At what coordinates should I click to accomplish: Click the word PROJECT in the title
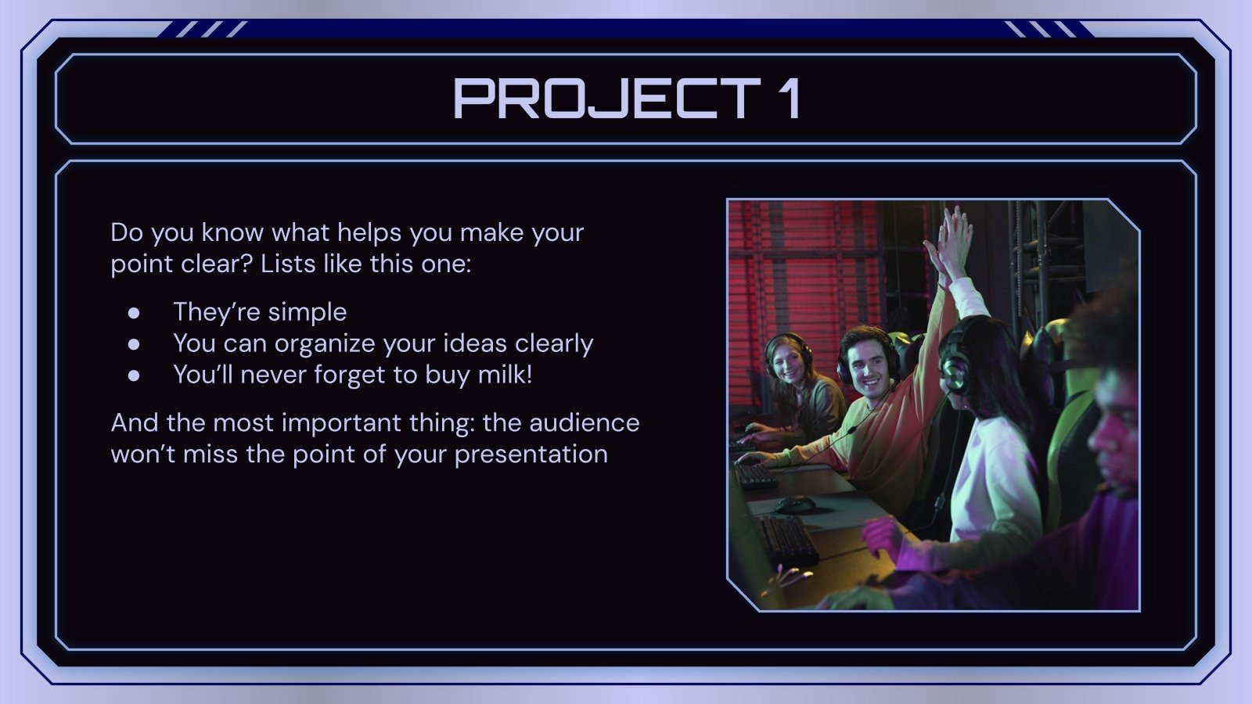(x=606, y=99)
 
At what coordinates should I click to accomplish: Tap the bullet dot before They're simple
(x=134, y=312)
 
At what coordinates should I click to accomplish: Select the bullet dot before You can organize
(x=134, y=343)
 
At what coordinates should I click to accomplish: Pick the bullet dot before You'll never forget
(x=134, y=375)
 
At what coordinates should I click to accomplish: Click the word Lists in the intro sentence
(x=286, y=264)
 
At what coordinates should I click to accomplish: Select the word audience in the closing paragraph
(x=584, y=422)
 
